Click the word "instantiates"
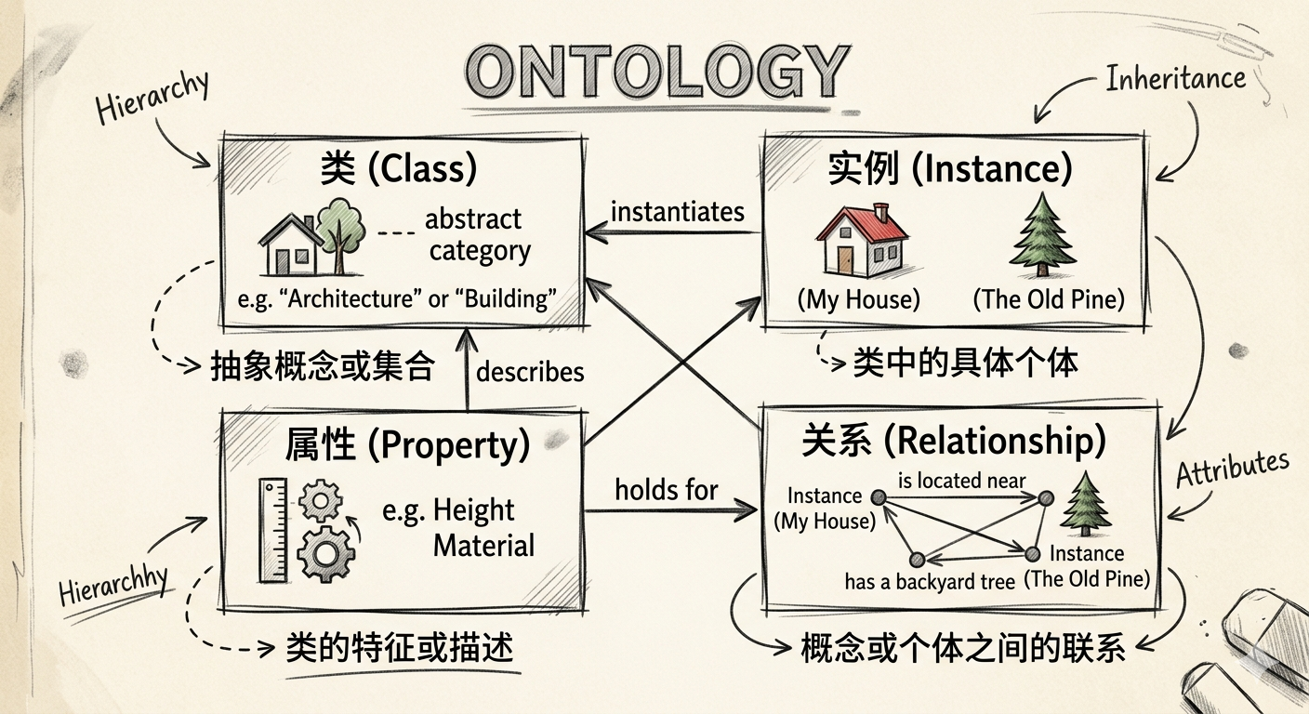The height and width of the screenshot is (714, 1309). pos(678,212)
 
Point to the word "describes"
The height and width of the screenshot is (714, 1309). pos(530,372)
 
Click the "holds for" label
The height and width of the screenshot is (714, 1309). pos(667,489)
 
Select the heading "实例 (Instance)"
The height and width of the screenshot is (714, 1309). pos(949,169)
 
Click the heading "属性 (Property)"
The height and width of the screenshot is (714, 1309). pos(407,445)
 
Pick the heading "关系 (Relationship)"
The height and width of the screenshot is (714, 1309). pos(954,441)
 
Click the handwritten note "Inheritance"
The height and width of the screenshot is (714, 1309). pos(1175,79)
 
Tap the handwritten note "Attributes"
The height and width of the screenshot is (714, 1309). pos(1233,468)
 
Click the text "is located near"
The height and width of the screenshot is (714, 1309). pos(961,481)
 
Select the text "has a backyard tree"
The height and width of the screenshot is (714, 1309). pos(930,582)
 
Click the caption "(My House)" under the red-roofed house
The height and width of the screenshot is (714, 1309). pos(858,299)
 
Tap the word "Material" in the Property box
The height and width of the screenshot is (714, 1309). pos(483,545)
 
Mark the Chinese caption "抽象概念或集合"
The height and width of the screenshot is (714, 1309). pos(323,367)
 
